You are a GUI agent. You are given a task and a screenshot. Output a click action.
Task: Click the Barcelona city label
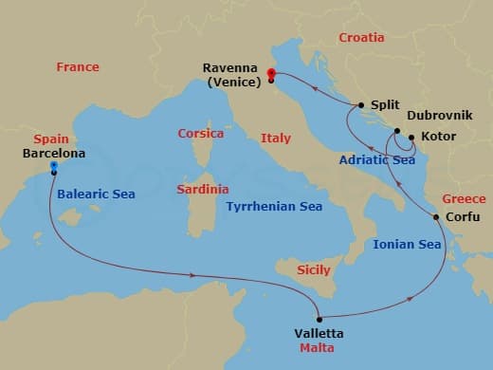click(x=53, y=153)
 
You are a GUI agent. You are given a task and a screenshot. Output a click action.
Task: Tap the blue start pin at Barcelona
click(x=54, y=167)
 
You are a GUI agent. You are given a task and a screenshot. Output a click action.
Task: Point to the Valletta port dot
click(x=320, y=319)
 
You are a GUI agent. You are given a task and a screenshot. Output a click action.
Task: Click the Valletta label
click(x=319, y=334)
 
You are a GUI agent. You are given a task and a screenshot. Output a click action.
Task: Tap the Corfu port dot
click(x=436, y=217)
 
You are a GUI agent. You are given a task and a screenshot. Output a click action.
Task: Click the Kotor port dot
click(x=411, y=138)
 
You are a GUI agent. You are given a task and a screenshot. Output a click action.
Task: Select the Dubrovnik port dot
click(x=397, y=131)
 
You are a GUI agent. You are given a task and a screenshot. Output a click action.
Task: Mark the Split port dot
click(x=361, y=105)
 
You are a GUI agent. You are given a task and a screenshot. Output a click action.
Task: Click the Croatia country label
click(x=361, y=38)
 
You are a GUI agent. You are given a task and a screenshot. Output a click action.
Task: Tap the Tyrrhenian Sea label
click(x=274, y=206)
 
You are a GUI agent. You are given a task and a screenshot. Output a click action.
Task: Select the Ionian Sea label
click(x=407, y=245)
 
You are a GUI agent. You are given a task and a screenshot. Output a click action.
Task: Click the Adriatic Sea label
click(x=350, y=160)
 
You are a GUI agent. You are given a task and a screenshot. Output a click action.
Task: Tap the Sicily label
click(x=314, y=270)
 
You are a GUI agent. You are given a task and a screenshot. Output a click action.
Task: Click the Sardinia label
click(x=203, y=190)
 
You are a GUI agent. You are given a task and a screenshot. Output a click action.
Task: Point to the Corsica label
click(x=201, y=134)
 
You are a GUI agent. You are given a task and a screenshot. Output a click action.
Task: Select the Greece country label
click(x=464, y=199)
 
